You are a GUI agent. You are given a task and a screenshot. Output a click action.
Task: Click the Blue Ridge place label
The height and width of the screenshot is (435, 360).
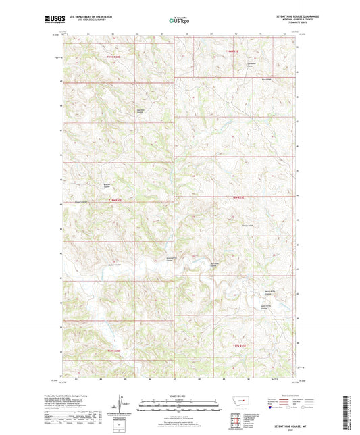coord(266,79)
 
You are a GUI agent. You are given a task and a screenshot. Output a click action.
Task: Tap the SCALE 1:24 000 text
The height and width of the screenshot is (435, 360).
coord(180,396)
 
